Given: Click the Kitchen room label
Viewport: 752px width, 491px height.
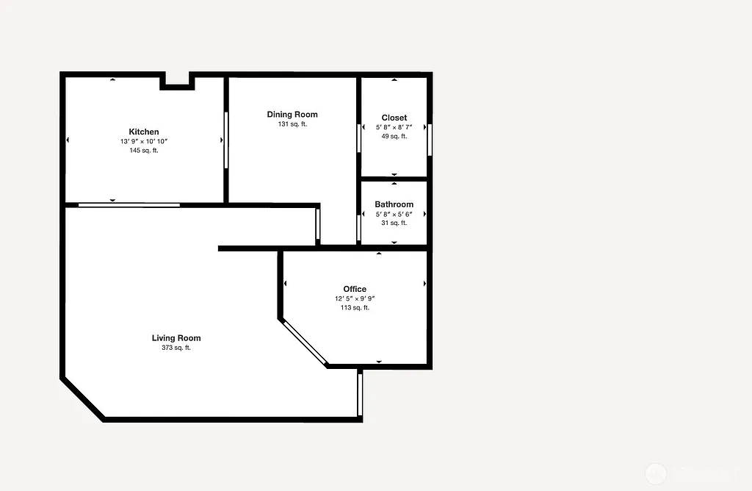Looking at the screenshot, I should [144, 132].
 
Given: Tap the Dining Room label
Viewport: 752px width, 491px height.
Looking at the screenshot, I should [292, 115].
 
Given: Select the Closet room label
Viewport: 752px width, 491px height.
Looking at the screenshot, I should [394, 118].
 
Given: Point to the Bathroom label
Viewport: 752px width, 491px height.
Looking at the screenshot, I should [394, 204].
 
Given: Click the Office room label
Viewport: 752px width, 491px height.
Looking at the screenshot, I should [355, 289].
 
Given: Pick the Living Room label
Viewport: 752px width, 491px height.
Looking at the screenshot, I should [176, 338].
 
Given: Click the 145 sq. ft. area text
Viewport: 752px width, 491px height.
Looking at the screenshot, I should [144, 150].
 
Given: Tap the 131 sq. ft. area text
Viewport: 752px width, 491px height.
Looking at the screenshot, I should [292, 124].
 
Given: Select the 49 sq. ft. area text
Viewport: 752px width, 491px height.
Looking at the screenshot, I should [394, 136].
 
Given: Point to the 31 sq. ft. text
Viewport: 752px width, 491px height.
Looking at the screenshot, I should [394, 223].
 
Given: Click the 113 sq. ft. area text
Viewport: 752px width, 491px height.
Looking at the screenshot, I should [355, 308].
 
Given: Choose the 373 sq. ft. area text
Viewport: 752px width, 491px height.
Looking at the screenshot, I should [176, 348].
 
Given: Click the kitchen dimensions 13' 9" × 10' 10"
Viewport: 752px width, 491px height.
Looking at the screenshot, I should [144, 141].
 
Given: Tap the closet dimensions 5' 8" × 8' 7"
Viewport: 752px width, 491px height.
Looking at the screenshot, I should [394, 127].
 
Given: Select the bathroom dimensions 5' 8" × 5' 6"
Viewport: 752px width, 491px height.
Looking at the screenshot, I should [394, 214].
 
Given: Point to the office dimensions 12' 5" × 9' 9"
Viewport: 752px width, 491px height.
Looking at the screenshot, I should [355, 298].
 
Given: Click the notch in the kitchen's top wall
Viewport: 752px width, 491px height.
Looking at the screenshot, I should [177, 80].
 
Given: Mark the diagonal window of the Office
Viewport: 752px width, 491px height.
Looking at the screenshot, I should [305, 342].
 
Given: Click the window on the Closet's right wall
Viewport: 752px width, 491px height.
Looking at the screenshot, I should [430, 140].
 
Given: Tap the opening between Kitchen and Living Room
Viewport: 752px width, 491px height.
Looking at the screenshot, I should [129, 205].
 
